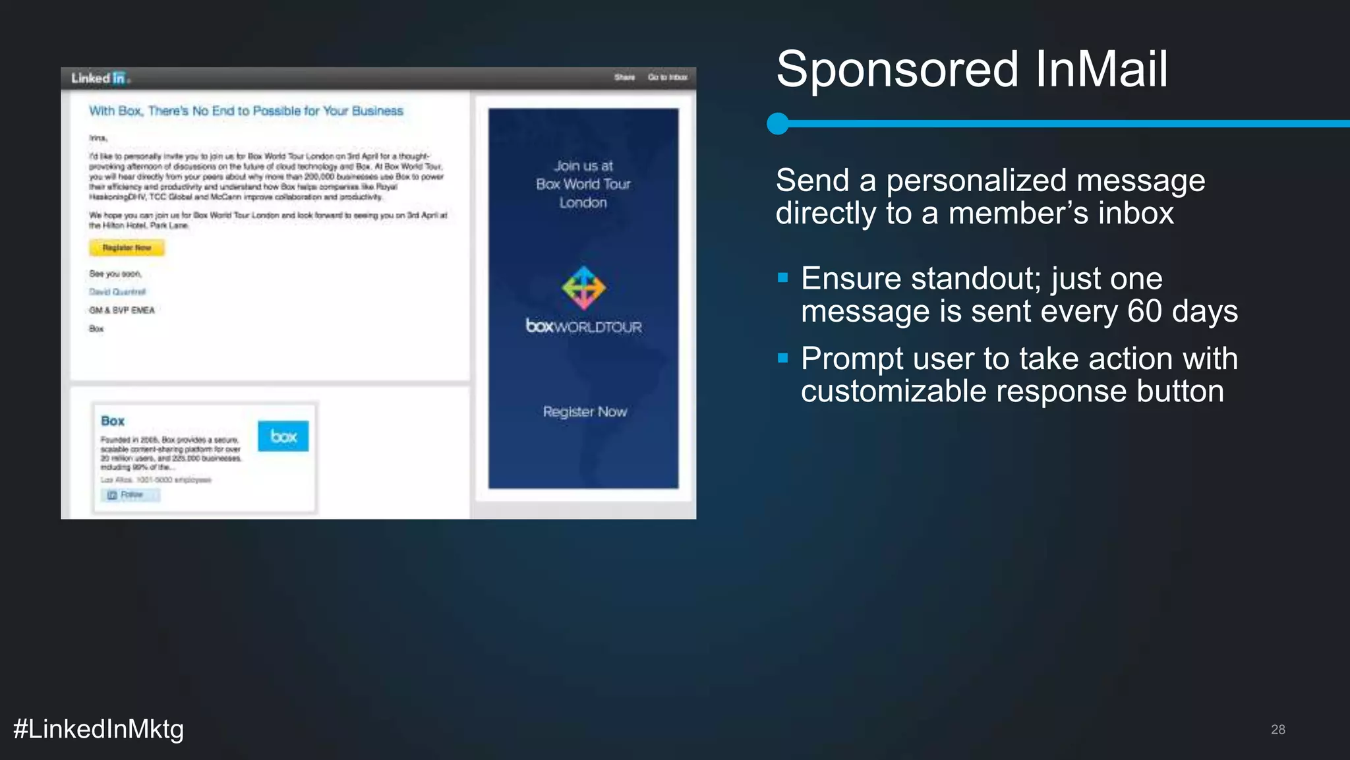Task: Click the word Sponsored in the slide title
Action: click(x=897, y=70)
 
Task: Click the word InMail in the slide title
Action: click(x=1101, y=70)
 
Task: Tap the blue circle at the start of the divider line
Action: click(x=778, y=123)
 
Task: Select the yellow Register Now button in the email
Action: click(x=127, y=248)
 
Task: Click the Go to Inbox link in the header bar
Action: click(x=667, y=78)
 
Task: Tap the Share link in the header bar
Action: click(x=624, y=78)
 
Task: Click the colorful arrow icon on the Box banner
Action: click(x=583, y=288)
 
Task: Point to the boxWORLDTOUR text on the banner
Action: click(x=583, y=326)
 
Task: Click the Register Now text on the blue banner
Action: click(x=585, y=412)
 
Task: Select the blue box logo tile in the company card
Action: click(x=283, y=436)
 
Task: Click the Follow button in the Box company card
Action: click(x=130, y=495)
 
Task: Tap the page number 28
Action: click(x=1277, y=730)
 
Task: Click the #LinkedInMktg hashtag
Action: click(x=98, y=729)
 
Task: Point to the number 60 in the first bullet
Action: click(x=1144, y=312)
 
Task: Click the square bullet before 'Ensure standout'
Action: click(x=783, y=278)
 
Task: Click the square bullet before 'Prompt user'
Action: click(x=783, y=359)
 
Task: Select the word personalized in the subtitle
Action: click(x=1045, y=181)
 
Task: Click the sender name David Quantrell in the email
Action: click(x=117, y=292)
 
